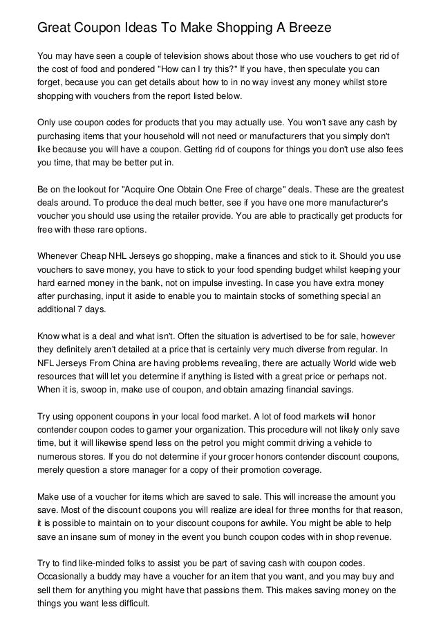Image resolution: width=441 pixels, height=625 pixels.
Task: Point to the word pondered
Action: (x=124, y=69)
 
